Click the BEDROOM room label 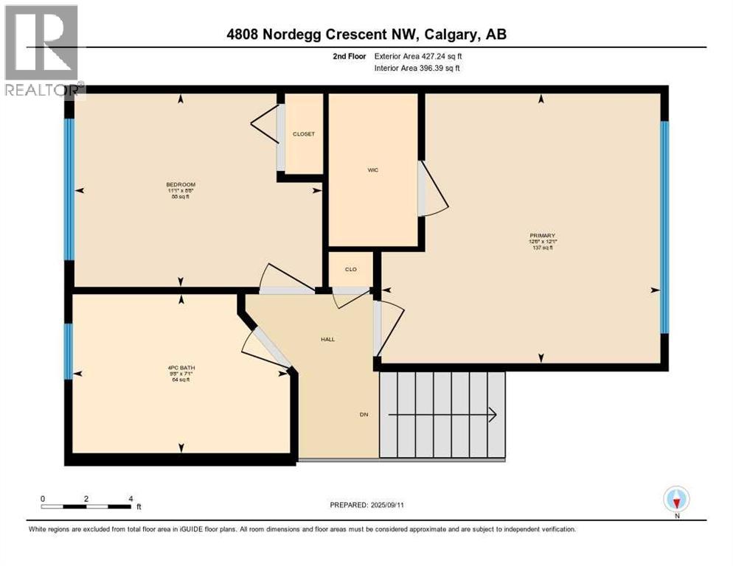tap(181, 184)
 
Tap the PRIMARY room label tap(542, 235)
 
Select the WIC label tap(373, 170)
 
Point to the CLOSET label tap(304, 134)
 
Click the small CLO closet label tap(350, 269)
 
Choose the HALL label tap(327, 340)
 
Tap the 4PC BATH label tap(181, 367)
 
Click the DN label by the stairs tap(364, 414)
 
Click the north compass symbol tap(676, 500)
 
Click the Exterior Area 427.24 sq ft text tap(418, 56)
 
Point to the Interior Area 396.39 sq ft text tap(418, 69)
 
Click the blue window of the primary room tap(664, 227)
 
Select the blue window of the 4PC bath tap(68, 351)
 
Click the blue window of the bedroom tap(69, 189)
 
